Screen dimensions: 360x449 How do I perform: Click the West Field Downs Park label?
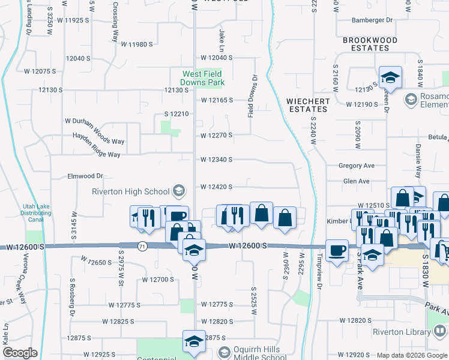point(203,78)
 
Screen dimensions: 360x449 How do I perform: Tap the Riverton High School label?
point(130,192)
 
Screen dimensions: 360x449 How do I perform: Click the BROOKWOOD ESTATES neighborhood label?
point(370,44)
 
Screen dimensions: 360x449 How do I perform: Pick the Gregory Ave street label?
point(356,166)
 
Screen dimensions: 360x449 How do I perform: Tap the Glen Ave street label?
point(356,181)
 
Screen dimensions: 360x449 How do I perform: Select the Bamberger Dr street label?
point(372,20)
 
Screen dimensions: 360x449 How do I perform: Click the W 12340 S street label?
point(216,160)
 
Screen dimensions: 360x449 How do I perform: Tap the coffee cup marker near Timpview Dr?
point(337,250)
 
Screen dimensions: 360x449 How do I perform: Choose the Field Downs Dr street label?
point(255,95)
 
